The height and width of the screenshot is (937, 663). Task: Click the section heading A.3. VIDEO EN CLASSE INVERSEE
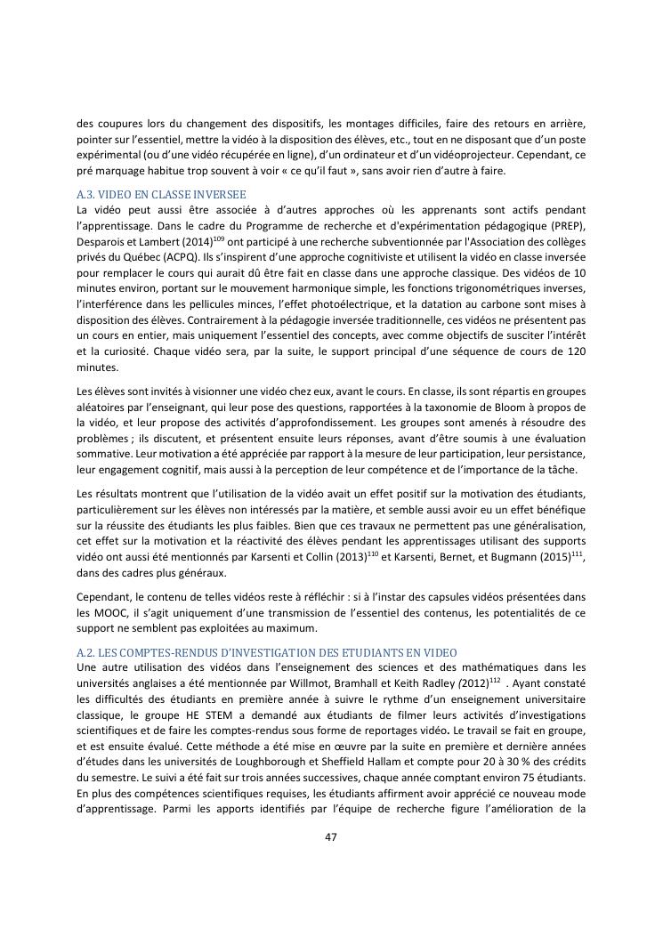coord(162,194)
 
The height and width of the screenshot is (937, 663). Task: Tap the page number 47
coord(331,836)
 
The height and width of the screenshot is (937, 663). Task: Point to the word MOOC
coord(111,621)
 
